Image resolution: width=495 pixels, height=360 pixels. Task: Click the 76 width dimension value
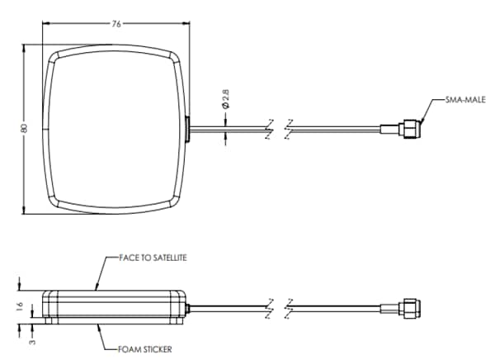[115, 23]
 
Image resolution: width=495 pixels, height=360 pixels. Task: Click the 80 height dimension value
[25, 128]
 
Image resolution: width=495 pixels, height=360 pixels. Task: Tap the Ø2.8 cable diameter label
[225, 99]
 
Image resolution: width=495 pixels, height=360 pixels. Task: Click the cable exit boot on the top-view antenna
[187, 129]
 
